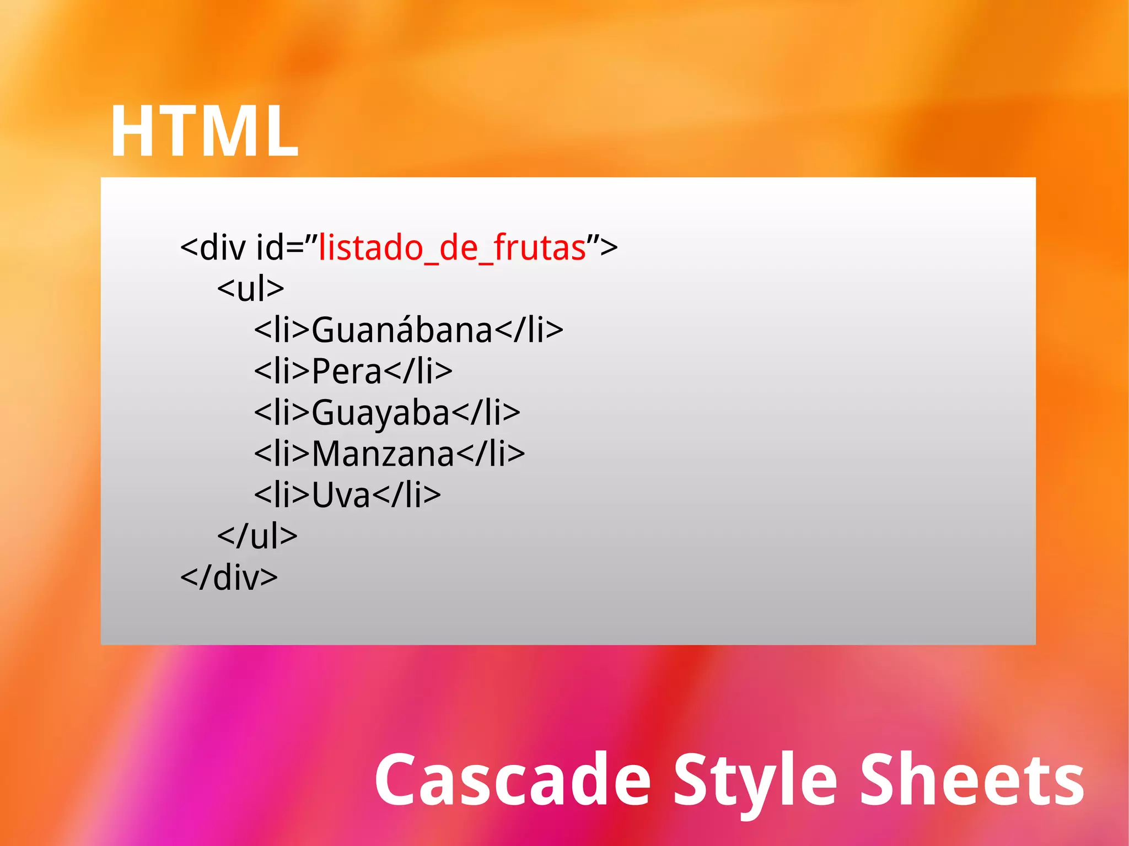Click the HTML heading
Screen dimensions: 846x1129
click(204, 132)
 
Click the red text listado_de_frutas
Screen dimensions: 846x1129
click(452, 248)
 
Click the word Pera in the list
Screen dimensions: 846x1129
click(347, 371)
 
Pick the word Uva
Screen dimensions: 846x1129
click(341, 495)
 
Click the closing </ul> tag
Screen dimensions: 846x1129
click(257, 536)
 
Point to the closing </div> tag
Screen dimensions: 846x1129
click(229, 578)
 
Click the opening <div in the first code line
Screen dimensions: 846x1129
click(213, 248)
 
